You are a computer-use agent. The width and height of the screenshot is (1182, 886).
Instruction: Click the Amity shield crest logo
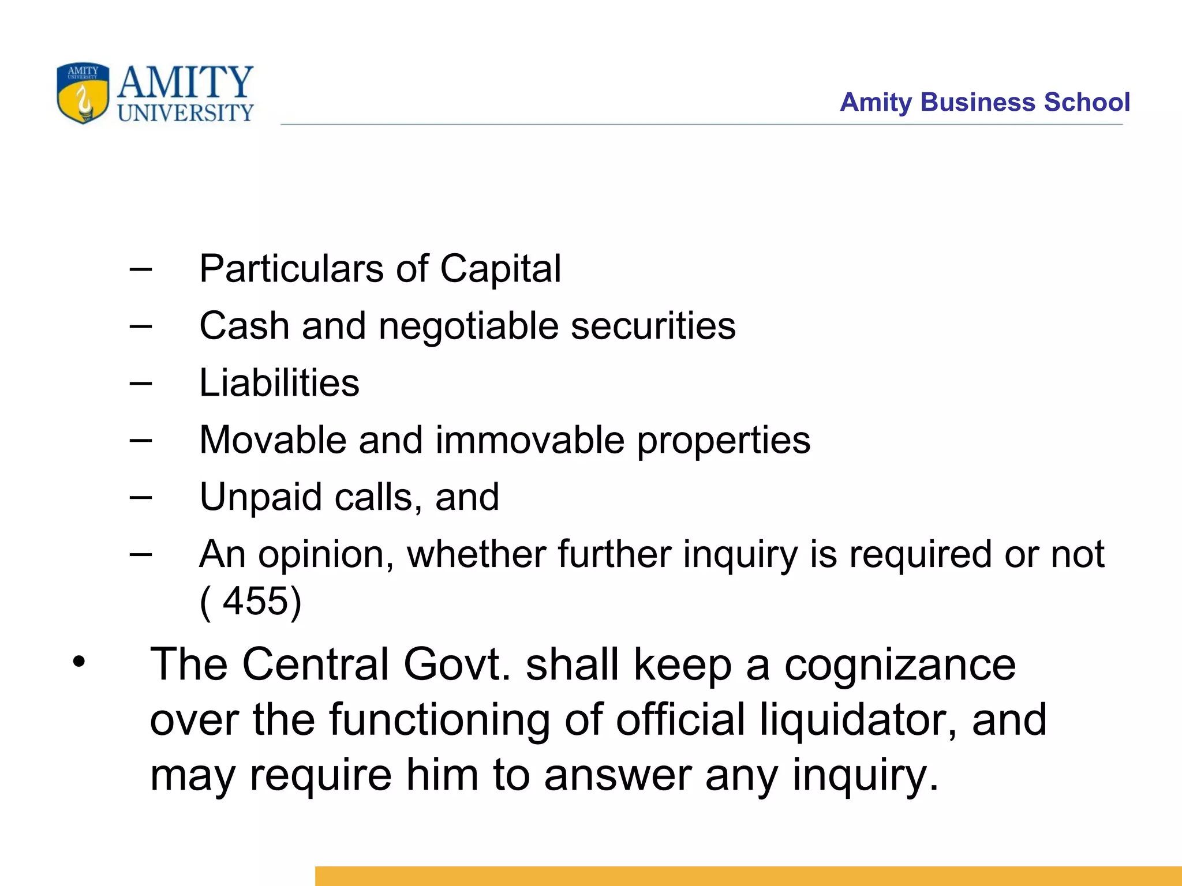[x=83, y=93]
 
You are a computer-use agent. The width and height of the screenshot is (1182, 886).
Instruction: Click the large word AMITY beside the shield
[x=185, y=82]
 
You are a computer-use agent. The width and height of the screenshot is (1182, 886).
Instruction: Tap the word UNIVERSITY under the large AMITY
[x=185, y=112]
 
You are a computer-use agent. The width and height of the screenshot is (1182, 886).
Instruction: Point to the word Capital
[x=500, y=269]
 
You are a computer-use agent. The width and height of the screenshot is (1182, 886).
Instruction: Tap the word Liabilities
[x=279, y=383]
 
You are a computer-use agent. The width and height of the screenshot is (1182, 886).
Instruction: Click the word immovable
[x=529, y=440]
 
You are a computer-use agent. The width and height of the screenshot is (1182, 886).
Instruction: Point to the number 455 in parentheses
[x=255, y=601]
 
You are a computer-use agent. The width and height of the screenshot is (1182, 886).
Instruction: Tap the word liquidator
[x=858, y=720]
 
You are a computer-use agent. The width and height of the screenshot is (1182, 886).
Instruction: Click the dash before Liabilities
[x=141, y=383]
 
